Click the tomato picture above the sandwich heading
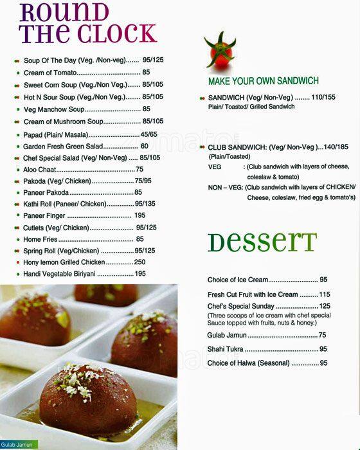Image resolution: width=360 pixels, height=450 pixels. pos(219,51)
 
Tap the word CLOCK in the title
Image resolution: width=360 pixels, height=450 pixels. pos(118,33)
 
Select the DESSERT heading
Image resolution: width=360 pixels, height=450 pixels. pos(262,242)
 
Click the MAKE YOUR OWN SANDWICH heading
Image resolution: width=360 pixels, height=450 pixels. pos(263,81)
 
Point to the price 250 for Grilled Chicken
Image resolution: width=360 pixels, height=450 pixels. pos(139,262)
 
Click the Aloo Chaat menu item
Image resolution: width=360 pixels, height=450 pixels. pos(39,169)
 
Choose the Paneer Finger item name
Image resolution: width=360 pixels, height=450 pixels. pos(44,215)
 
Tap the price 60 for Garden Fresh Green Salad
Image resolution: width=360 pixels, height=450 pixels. pos(144,146)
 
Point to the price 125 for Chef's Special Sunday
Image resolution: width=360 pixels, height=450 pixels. pos(325,306)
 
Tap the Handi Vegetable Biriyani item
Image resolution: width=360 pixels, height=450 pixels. pos(59,274)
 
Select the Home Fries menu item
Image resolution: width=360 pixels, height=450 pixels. pos(40,239)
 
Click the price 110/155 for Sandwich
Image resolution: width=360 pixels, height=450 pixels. pos(322,97)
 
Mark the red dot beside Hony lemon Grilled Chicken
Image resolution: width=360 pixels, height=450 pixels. pos(17,262)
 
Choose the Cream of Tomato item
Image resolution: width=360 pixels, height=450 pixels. pos(51,73)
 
